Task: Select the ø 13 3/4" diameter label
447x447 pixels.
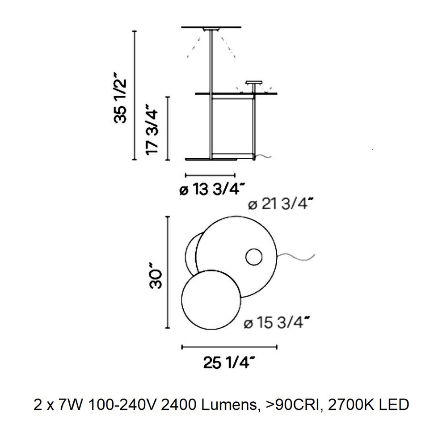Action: [x=212, y=189]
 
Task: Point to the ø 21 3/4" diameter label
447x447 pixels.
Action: [x=281, y=204]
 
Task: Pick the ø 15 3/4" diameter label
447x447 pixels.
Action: [x=277, y=323]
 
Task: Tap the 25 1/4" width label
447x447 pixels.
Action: [x=228, y=363]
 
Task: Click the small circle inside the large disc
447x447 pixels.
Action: [x=254, y=257]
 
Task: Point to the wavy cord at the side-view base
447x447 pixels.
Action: [x=263, y=156]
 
